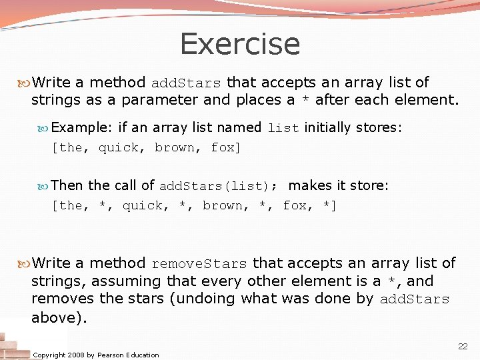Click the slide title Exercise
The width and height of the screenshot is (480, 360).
pyautogui.click(x=240, y=44)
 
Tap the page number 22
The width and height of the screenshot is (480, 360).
pyautogui.click(x=462, y=346)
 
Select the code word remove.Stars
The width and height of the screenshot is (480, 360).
pyautogui.click(x=199, y=264)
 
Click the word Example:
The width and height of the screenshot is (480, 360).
pyautogui.click(x=82, y=127)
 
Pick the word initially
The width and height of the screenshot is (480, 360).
pyautogui.click(x=327, y=127)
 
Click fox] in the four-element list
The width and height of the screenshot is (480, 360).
pyautogui.click(x=225, y=148)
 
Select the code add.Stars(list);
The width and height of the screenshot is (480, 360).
pyautogui.click(x=219, y=186)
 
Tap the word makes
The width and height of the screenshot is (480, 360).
pyautogui.click(x=310, y=185)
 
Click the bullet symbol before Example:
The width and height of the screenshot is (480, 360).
pyautogui.click(x=45, y=127)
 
